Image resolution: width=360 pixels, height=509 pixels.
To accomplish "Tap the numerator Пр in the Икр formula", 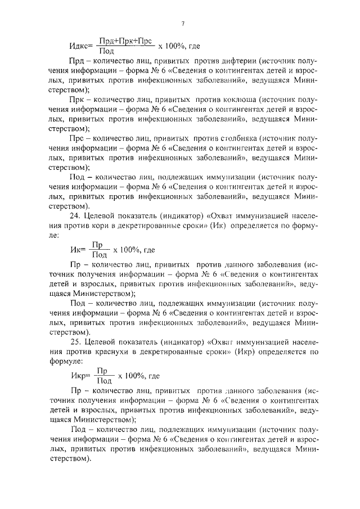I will click(102, 371).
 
